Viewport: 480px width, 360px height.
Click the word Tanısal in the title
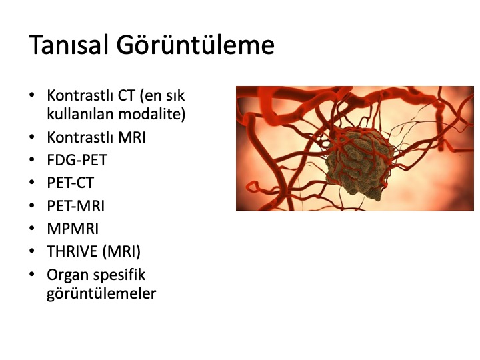(x=69, y=45)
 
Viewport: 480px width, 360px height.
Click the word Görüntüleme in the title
(x=195, y=45)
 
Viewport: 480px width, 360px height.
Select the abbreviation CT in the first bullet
(x=127, y=95)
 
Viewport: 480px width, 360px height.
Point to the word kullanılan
(x=81, y=114)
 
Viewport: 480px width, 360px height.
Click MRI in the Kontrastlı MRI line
(x=131, y=137)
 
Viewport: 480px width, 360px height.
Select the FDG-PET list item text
(x=77, y=160)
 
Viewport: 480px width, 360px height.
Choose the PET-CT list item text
(x=71, y=183)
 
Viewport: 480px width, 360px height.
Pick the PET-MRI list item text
(x=76, y=206)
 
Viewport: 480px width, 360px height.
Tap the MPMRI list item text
(x=73, y=229)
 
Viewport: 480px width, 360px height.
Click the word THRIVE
(x=72, y=251)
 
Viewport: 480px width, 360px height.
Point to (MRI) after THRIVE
(x=121, y=251)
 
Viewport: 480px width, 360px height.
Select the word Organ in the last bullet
(x=67, y=275)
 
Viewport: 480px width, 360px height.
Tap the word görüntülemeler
(x=101, y=293)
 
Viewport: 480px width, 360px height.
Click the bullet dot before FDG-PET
(x=31, y=159)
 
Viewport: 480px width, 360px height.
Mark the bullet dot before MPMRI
(x=31, y=229)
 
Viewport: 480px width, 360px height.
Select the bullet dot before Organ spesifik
(x=31, y=274)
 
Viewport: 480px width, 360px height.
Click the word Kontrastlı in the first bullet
(x=81, y=95)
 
